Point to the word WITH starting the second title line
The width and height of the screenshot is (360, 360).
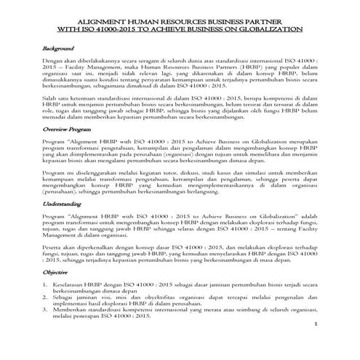(73, 29)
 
